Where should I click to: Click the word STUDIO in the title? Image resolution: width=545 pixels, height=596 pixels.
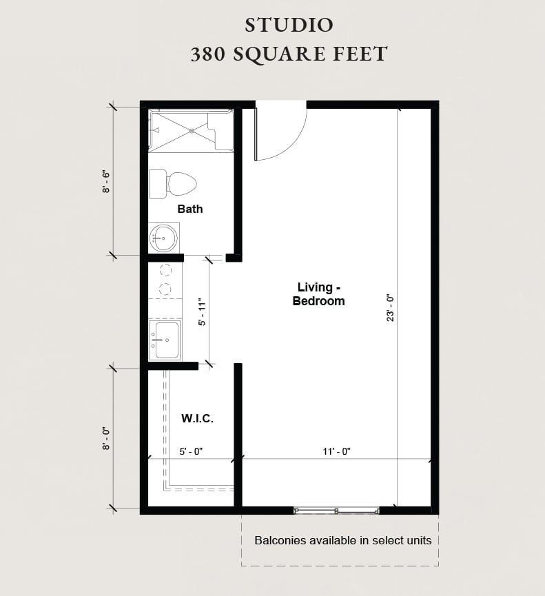(289, 25)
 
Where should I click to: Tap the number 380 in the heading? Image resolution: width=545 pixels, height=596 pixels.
(209, 54)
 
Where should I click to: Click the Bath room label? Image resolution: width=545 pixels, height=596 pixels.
(190, 209)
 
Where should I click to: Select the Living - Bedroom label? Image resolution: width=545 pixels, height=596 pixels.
(318, 294)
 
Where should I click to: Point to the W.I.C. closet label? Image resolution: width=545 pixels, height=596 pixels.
(197, 418)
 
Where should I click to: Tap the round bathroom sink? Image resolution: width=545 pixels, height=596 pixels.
(164, 238)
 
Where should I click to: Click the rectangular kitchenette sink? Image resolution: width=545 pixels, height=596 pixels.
(165, 340)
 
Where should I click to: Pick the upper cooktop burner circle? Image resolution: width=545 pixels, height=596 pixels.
(165, 270)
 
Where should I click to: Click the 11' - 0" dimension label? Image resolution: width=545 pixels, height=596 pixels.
(337, 451)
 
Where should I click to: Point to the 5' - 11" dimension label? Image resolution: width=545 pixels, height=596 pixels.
(202, 312)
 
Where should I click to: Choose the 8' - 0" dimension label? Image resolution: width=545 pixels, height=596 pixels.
(107, 438)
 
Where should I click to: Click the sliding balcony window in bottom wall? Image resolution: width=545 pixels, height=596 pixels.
(336, 511)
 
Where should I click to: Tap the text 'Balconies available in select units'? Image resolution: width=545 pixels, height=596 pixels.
(343, 540)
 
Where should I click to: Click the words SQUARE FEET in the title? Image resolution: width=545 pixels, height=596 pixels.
(311, 54)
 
